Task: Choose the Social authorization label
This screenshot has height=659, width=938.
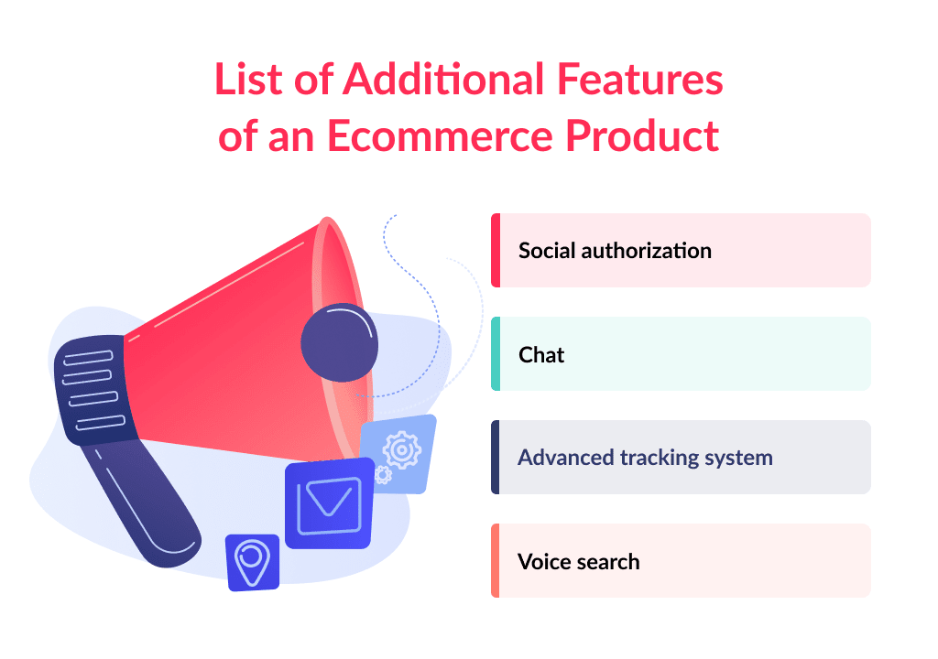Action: coord(615,250)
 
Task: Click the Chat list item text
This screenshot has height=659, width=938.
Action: coord(541,354)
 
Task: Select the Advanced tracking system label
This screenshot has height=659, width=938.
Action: coord(645,457)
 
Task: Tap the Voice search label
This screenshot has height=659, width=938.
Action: coord(578,561)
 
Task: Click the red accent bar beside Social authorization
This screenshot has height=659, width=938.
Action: coord(496,250)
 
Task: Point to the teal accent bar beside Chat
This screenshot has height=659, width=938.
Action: coord(496,353)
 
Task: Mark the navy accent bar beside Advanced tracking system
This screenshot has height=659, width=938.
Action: coord(496,457)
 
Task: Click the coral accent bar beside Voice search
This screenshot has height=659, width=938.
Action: coord(496,560)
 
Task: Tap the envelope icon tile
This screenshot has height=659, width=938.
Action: coord(329,503)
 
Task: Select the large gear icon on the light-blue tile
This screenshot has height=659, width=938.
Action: coord(400,449)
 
